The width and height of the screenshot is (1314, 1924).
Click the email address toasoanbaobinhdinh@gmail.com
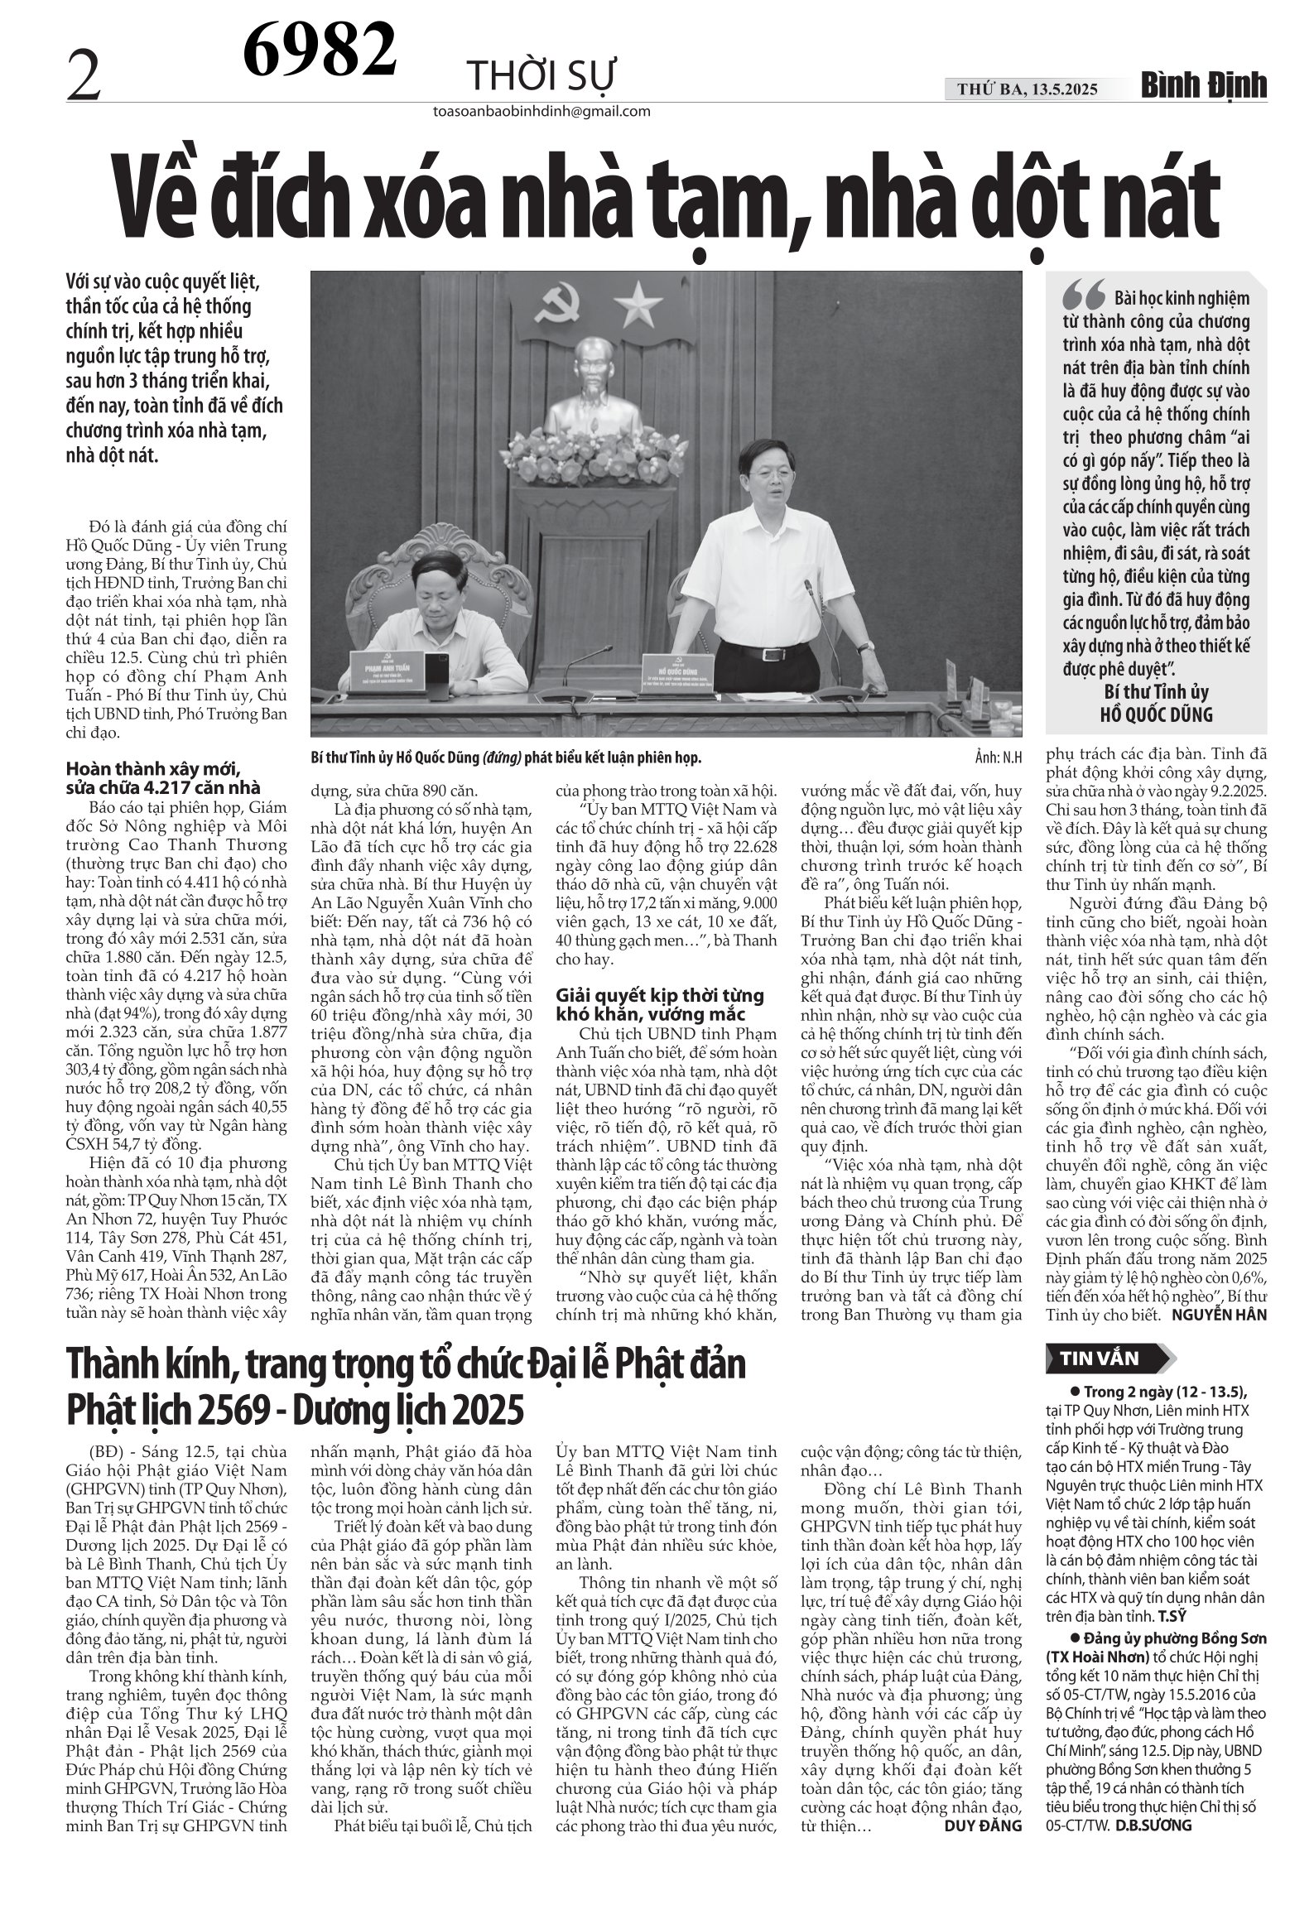point(541,112)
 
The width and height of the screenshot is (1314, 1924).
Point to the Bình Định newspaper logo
point(1205,86)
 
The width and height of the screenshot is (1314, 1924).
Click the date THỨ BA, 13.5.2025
point(1028,89)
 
